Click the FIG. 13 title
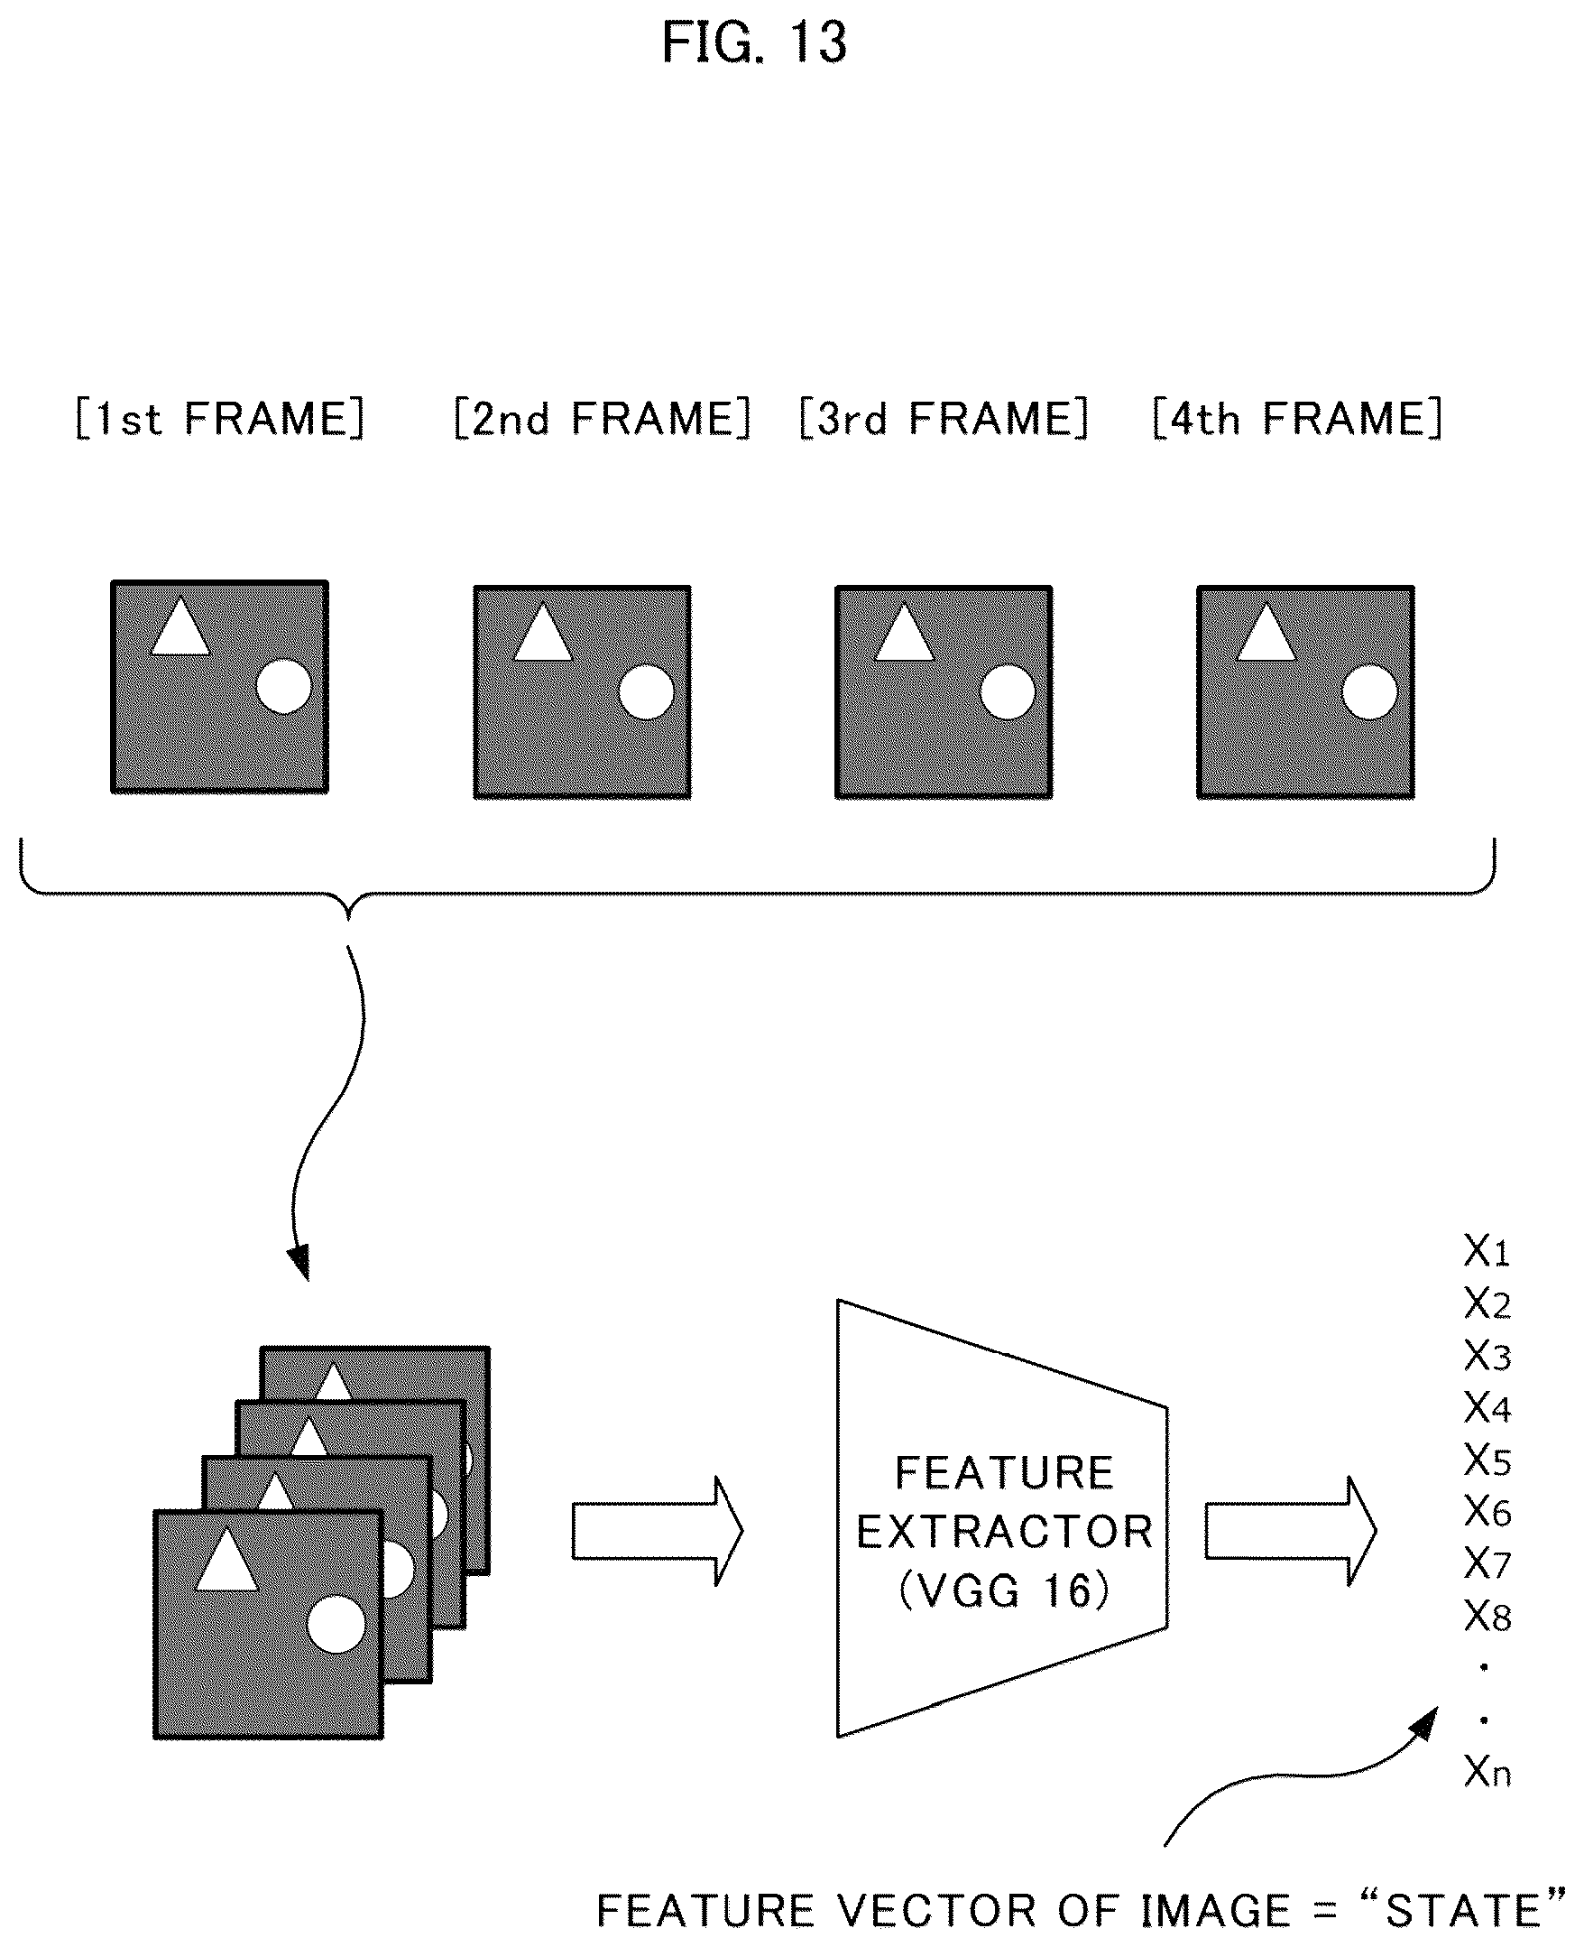[x=754, y=43]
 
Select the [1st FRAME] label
[x=220, y=419]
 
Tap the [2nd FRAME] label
[x=603, y=419]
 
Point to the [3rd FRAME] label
[x=944, y=419]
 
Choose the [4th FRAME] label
[x=1296, y=419]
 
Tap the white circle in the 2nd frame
[x=646, y=692]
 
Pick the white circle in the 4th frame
[x=1369, y=692]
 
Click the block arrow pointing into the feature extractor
[x=658, y=1531]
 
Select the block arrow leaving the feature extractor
[x=1290, y=1531]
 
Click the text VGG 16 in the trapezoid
[x=1004, y=1592]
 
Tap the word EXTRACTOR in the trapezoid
[x=1005, y=1532]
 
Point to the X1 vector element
[x=1487, y=1251]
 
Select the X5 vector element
[x=1487, y=1460]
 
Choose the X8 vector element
[x=1487, y=1617]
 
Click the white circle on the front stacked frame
[x=336, y=1625]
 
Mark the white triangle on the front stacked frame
[x=227, y=1559]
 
